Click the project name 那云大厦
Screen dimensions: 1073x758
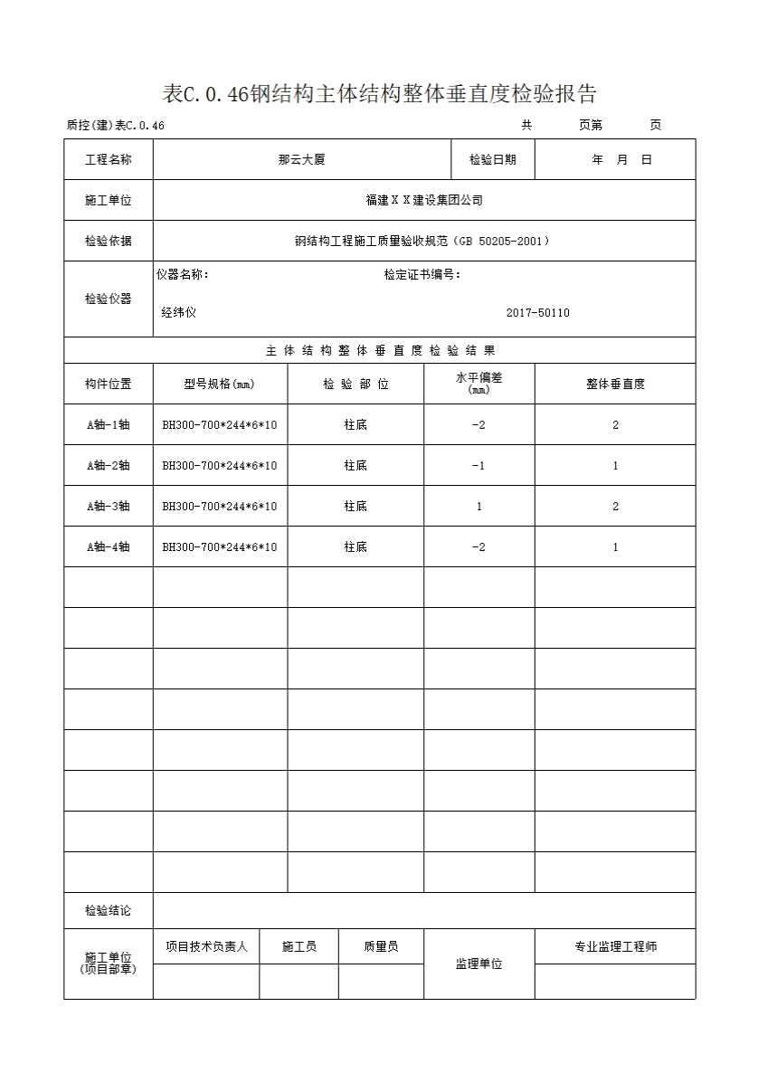(301, 159)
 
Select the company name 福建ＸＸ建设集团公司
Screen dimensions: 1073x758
(423, 200)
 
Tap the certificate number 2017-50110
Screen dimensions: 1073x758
(537, 313)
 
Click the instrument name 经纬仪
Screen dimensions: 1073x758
(179, 313)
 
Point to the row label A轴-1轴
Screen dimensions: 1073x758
(108, 424)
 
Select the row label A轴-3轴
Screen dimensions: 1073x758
(108, 506)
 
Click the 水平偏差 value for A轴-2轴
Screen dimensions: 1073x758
(478, 465)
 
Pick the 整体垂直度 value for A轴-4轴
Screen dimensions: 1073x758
(615, 546)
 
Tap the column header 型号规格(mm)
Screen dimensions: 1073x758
(220, 384)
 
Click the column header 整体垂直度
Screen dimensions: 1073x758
(615, 384)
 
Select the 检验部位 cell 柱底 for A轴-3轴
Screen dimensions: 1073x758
(355, 506)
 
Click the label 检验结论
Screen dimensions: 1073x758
(108, 910)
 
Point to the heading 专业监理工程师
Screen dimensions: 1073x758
(615, 946)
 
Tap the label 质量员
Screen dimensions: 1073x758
(381, 946)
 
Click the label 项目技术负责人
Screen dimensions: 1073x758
(206, 946)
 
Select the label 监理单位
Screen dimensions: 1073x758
(478, 964)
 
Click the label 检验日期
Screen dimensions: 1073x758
(492, 159)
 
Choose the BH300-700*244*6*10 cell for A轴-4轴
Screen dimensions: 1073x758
(220, 546)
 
